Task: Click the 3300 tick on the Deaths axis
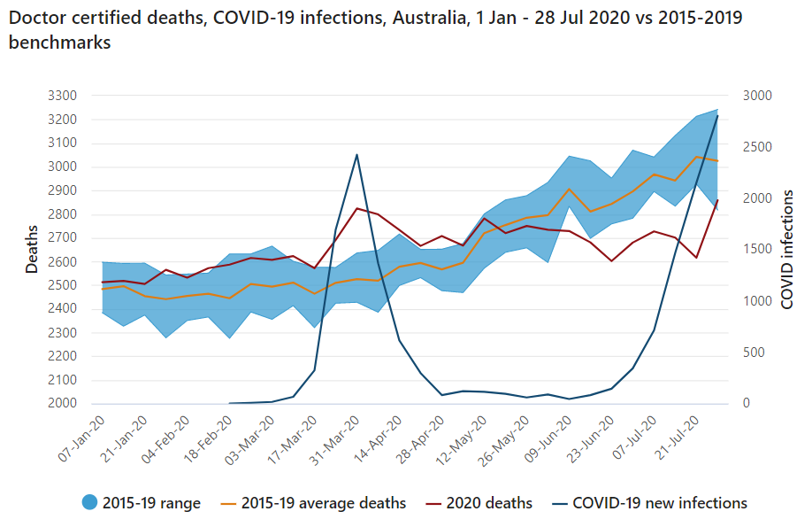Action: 64,96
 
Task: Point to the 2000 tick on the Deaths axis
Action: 64,404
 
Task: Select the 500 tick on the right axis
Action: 752,353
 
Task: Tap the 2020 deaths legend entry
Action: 489,503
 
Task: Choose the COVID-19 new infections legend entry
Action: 660,503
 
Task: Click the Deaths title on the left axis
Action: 32,249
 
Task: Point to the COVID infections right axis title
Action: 787,249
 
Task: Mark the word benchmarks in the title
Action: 59,43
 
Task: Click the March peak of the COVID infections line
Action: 356,155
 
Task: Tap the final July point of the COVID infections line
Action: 717,116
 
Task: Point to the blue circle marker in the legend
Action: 88,503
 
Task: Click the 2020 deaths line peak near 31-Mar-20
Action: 356,208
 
